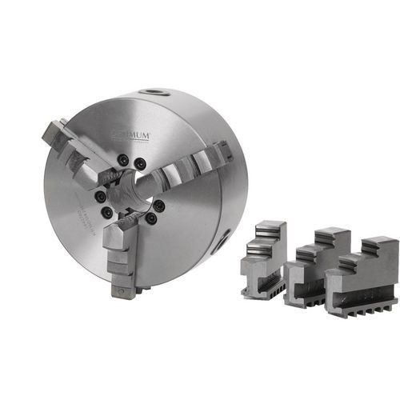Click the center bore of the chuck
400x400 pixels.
click(133, 192)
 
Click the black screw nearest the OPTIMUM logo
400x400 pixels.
click(141, 163)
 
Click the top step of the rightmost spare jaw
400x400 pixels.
click(377, 242)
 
